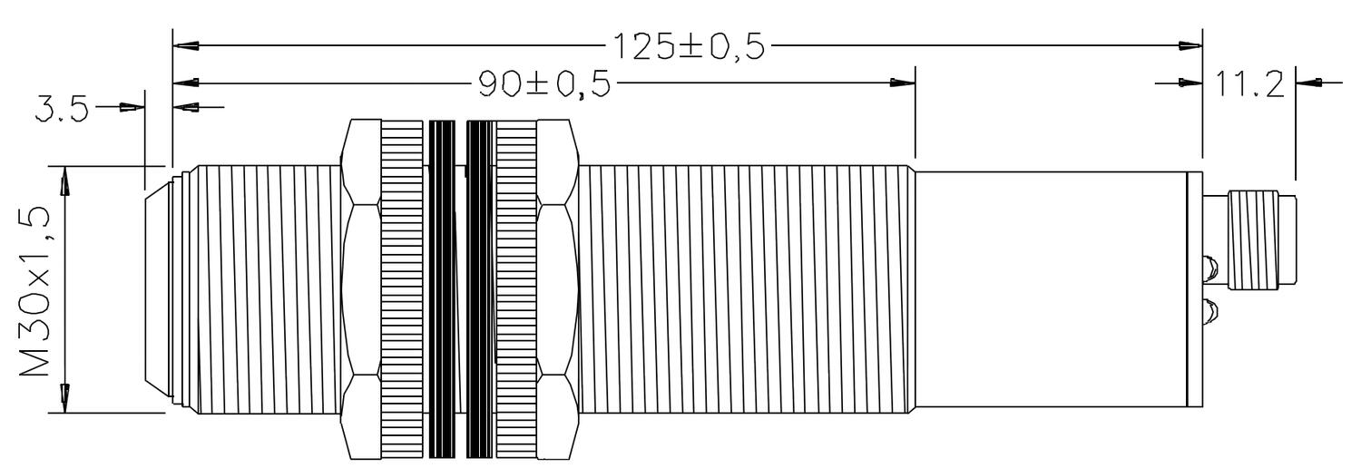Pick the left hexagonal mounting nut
361,289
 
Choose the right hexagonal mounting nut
556,289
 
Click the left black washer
441,289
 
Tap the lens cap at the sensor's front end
160,289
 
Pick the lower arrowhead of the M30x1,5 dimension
64,398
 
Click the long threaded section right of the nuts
744,289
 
